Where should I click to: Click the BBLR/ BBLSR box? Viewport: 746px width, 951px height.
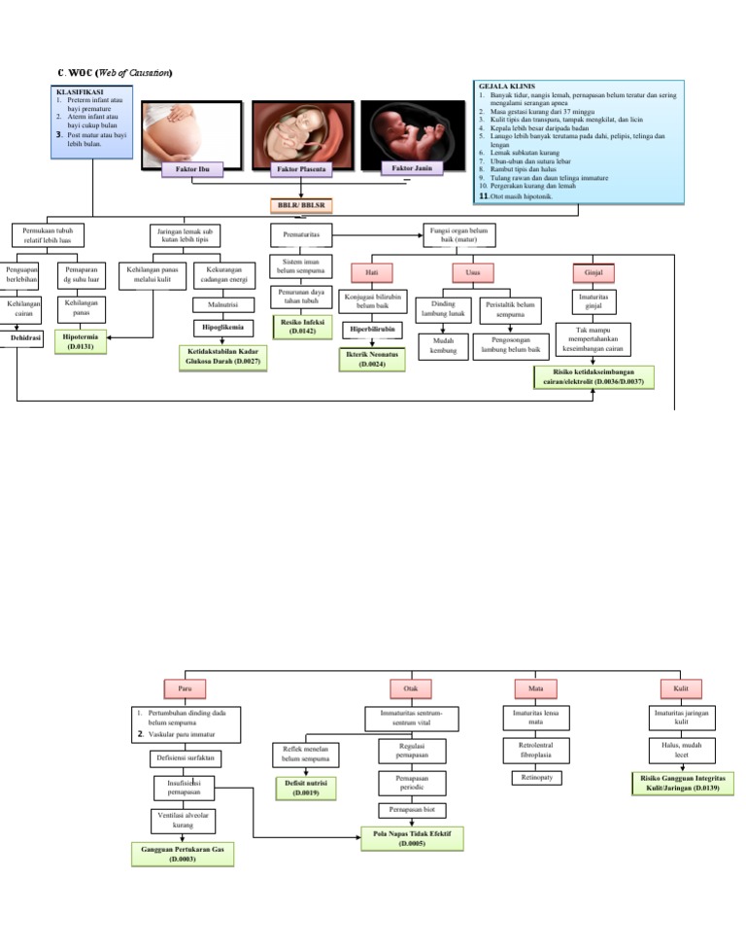(301, 205)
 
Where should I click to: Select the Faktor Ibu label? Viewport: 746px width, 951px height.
(192, 169)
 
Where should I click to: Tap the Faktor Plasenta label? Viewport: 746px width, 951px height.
(301, 169)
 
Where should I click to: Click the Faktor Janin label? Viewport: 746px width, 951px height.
(412, 168)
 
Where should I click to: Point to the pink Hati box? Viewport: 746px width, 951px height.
(372, 273)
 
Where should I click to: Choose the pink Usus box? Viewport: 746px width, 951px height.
(473, 273)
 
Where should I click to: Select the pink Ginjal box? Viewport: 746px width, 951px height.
(594, 273)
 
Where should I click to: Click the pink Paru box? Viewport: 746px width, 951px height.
(186, 688)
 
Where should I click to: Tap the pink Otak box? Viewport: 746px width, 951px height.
(411, 688)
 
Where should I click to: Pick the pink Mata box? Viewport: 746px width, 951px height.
(535, 688)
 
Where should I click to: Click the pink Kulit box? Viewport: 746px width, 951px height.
(681, 688)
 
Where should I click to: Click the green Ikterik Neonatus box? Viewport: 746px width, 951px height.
(373, 360)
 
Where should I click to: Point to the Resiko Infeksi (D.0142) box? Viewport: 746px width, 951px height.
(302, 326)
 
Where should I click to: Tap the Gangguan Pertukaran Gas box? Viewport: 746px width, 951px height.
(183, 854)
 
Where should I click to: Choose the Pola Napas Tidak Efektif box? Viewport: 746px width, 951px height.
(412, 838)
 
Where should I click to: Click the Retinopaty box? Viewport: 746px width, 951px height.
(536, 778)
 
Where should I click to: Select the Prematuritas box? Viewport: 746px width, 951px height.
(301, 235)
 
